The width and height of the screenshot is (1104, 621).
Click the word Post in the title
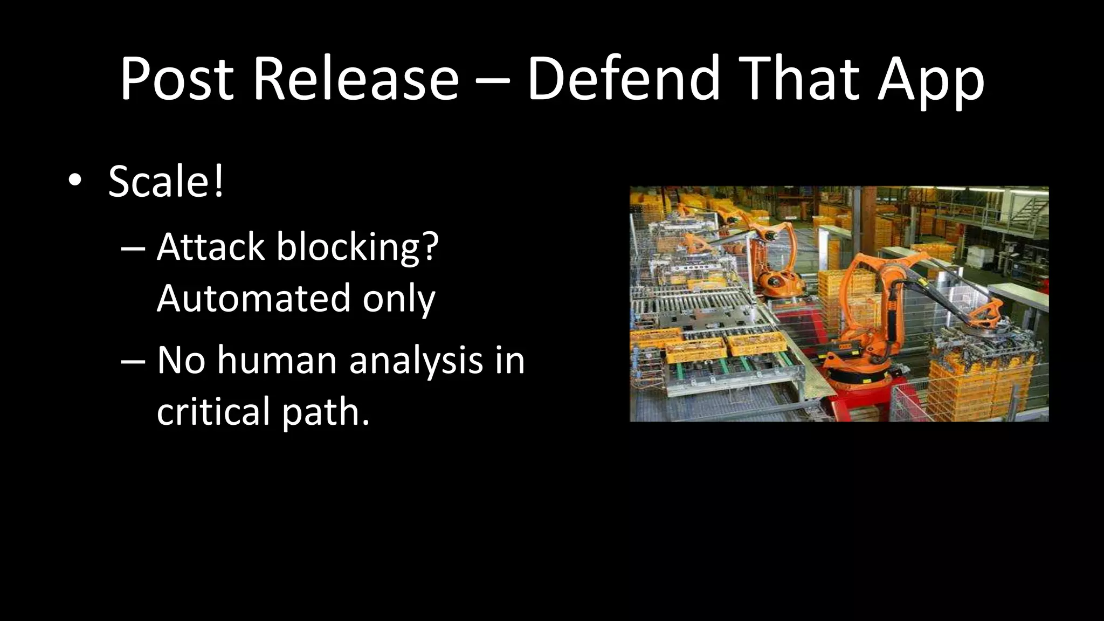[x=177, y=79]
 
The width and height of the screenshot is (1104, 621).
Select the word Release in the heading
[x=356, y=79]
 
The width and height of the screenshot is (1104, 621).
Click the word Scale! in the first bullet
[x=166, y=181]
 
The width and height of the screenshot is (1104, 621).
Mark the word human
[x=277, y=360]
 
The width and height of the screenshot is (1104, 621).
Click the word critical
[x=213, y=411]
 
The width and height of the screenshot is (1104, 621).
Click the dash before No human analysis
[x=133, y=360]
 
